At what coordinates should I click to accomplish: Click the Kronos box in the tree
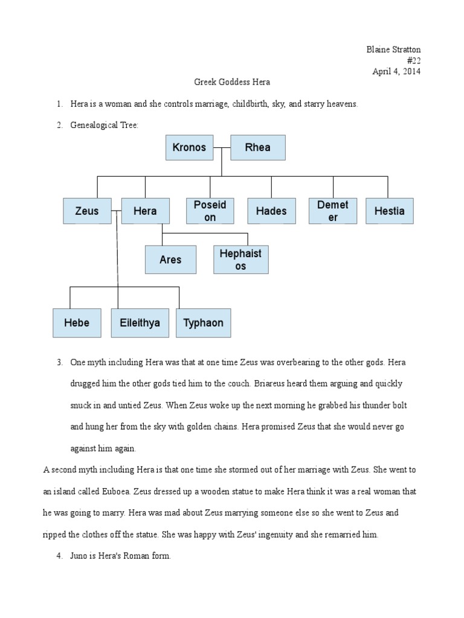(189, 147)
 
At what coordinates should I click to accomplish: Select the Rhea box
(257, 147)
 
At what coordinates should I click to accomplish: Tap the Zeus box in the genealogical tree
(86, 211)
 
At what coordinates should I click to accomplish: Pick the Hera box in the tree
(145, 211)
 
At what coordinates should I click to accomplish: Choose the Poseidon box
(210, 211)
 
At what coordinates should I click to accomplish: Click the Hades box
(271, 211)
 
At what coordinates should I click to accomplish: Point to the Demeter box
(333, 211)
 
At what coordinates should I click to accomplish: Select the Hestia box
(390, 211)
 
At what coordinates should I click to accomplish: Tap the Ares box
(170, 260)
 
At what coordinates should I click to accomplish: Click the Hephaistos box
(240, 260)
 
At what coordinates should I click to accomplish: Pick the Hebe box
(77, 323)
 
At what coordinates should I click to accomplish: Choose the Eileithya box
(136, 323)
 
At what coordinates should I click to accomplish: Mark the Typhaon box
(203, 323)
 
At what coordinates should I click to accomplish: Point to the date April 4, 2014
(396, 71)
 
